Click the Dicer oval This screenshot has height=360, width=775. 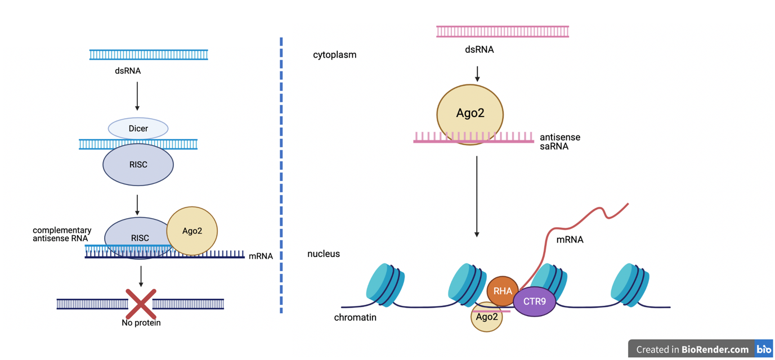coord(138,128)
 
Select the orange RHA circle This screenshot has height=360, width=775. coord(502,291)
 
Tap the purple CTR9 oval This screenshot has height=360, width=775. coord(535,301)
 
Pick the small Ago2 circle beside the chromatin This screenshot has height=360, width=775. coord(486,318)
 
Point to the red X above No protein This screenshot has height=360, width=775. coord(141,304)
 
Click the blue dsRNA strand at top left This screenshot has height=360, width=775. coord(149,55)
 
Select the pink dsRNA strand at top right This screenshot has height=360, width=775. coord(503,31)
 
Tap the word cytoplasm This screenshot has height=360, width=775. coord(335,55)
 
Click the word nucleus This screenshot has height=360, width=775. coord(324,254)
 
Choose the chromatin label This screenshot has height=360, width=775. coord(355,317)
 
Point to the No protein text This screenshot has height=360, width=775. coord(141,323)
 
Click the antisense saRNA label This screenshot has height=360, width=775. coord(559,142)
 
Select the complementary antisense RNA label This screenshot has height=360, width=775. coord(62,234)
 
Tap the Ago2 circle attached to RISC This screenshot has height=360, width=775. coord(192,231)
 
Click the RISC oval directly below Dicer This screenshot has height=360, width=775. coord(138,165)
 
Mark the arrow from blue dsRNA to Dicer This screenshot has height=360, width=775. coord(137,96)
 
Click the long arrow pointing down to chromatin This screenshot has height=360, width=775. coord(477,197)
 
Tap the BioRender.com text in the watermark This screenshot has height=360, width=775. coord(715,349)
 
